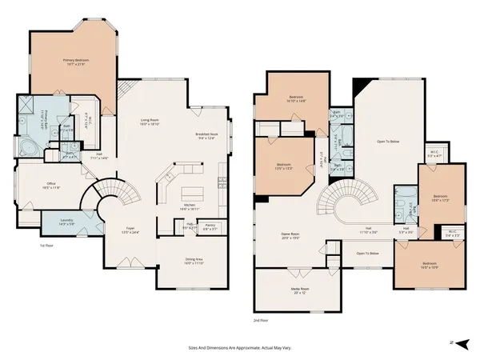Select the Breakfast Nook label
point(206,136)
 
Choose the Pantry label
point(210,227)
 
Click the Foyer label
point(128,230)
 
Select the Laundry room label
point(66,223)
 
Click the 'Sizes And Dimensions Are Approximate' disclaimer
point(239,349)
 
